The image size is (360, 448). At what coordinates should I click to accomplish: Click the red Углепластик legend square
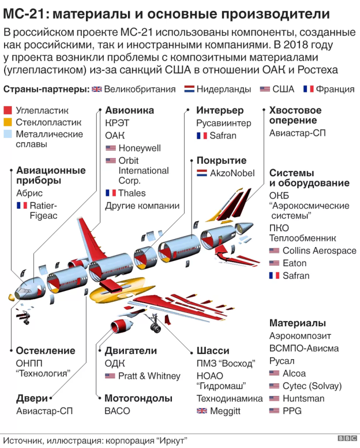[x=8, y=110]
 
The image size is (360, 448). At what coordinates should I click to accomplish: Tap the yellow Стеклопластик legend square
[x=8, y=122]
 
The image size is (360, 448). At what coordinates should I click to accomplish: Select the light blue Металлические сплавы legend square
[x=8, y=134]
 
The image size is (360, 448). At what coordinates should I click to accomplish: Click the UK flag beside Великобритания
[x=97, y=89]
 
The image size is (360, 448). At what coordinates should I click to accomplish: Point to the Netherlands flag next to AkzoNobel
[x=202, y=173]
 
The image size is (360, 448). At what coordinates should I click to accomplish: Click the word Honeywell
[x=139, y=148]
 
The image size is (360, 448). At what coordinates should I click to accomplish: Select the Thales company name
[x=132, y=193]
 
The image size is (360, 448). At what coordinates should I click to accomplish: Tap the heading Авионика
[x=130, y=110]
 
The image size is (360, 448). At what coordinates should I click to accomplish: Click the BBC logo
[x=347, y=438]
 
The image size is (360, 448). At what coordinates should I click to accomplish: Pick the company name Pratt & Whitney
[x=149, y=376]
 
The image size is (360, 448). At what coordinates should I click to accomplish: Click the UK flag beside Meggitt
[x=202, y=411]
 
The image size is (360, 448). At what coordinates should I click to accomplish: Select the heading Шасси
[x=213, y=351]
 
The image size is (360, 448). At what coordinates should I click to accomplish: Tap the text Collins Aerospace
[x=319, y=251]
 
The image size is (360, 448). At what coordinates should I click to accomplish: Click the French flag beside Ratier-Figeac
[x=22, y=206]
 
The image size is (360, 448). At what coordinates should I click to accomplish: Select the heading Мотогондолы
[x=138, y=398]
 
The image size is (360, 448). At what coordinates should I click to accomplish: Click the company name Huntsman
[x=303, y=398]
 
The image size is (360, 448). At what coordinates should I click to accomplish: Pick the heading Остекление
[x=46, y=350]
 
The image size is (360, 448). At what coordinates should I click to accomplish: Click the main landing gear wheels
[x=155, y=328]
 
